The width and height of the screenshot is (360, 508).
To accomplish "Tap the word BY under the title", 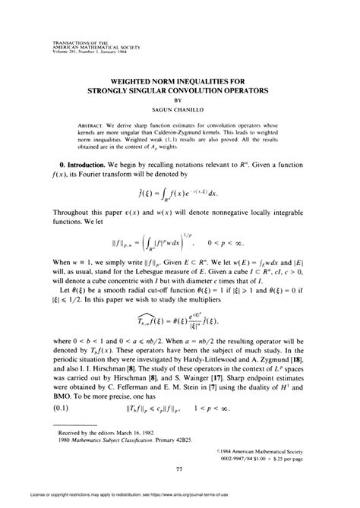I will [x=180, y=99].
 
